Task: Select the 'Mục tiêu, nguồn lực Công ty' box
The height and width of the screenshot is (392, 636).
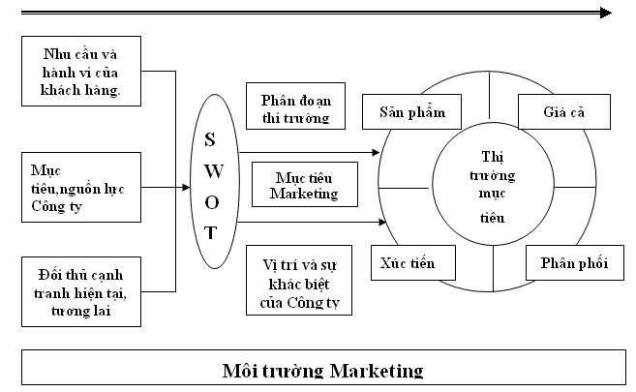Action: tap(81, 184)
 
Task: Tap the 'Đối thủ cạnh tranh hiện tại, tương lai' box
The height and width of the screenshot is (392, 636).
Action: tap(81, 287)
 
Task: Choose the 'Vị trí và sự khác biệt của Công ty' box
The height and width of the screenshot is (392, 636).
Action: tap(300, 282)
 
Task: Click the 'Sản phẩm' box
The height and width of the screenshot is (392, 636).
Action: tap(404, 111)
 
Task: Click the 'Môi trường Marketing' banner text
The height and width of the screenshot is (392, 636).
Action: tap(324, 370)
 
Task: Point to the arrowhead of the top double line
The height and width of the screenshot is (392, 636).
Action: tap(605, 13)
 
